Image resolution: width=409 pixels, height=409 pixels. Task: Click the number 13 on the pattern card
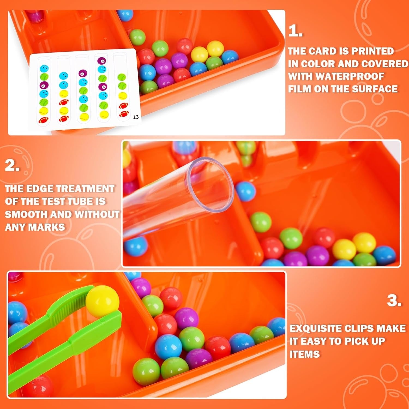(x=136, y=117)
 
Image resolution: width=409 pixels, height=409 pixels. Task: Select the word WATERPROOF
(x=336, y=76)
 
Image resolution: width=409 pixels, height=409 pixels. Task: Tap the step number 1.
(x=295, y=31)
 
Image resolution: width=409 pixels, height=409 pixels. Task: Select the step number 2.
(x=12, y=165)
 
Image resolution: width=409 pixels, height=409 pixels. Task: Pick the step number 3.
(x=394, y=301)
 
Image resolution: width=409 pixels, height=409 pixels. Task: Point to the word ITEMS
(x=304, y=354)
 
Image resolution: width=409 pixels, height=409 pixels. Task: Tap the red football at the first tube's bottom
(x=44, y=119)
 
